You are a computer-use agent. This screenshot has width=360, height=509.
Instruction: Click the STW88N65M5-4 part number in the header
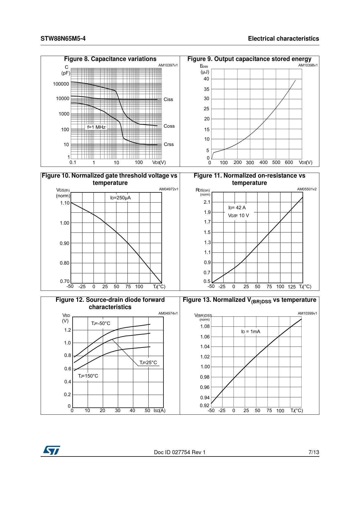pyautogui.click(x=63, y=39)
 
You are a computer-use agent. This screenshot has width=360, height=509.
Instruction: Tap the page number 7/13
pyautogui.click(x=314, y=452)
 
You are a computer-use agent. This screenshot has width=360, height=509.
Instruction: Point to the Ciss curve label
pyautogui.click(x=168, y=100)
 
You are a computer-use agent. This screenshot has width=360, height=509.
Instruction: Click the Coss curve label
pyautogui.click(x=169, y=126)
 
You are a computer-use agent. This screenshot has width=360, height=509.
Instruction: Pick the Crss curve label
pyautogui.click(x=169, y=145)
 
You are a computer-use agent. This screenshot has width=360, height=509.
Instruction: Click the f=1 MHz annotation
pyautogui.click(x=96, y=127)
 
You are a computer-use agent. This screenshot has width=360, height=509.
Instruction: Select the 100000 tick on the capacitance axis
pyautogui.click(x=61, y=84)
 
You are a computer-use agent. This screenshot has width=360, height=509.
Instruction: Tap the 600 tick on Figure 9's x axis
pyautogui.click(x=289, y=163)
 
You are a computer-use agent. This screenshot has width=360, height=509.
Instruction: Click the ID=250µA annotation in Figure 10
pyautogui.click(x=120, y=198)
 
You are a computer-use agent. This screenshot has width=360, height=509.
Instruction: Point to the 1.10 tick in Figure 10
pyautogui.click(x=65, y=203)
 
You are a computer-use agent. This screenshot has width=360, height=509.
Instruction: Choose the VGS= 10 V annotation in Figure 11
pyautogui.click(x=238, y=216)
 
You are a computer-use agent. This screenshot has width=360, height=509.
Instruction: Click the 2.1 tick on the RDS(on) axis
pyautogui.click(x=207, y=202)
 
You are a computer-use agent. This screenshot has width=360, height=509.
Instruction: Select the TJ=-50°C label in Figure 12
pyautogui.click(x=101, y=324)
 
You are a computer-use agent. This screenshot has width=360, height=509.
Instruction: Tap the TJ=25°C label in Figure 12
pyautogui.click(x=148, y=363)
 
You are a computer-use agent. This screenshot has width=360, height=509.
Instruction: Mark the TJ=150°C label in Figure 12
pyautogui.click(x=88, y=376)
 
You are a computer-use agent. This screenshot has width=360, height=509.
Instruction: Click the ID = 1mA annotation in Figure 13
pyautogui.click(x=251, y=332)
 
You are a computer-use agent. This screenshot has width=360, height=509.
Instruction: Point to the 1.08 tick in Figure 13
pyautogui.click(x=205, y=326)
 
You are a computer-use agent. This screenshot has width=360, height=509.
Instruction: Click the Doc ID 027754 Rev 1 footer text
pyautogui.click(x=180, y=452)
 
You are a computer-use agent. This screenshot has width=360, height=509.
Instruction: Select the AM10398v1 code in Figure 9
pyautogui.click(x=308, y=65)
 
